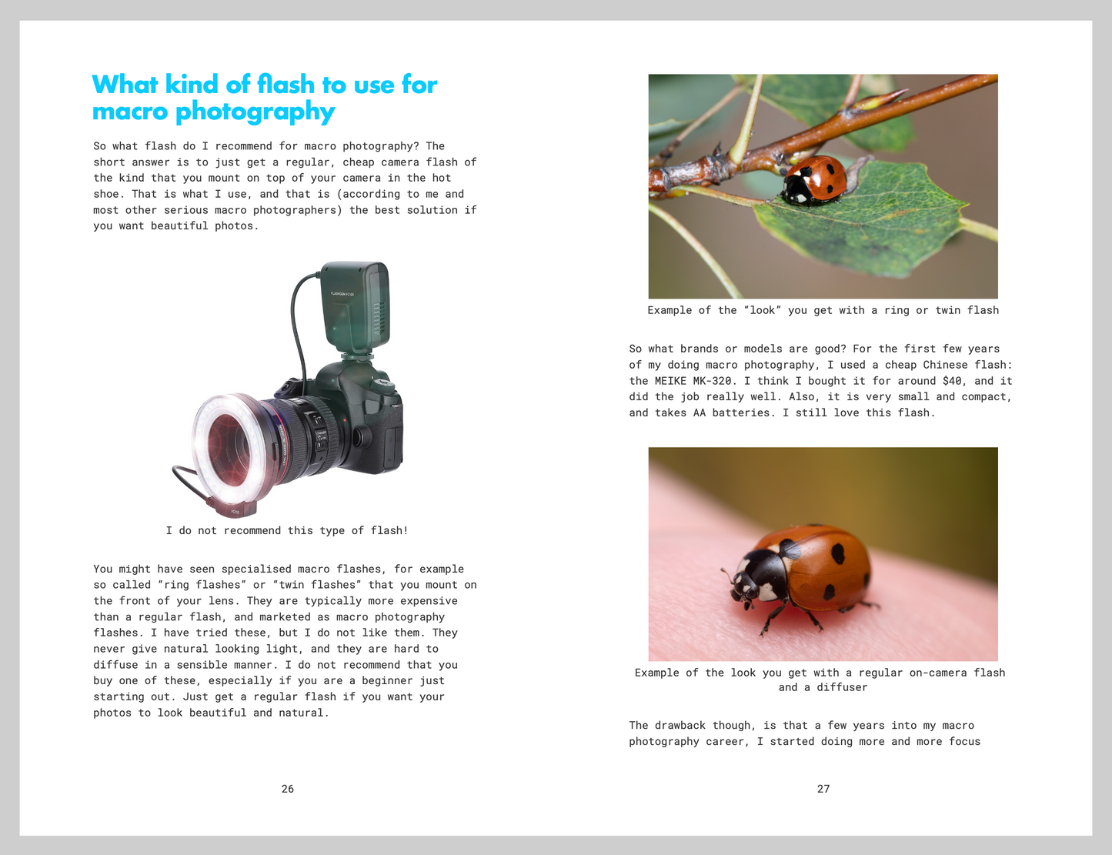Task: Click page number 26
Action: coord(288,789)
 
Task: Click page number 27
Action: coord(823,789)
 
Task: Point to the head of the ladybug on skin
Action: coord(746,581)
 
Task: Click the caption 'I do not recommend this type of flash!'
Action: coord(287,531)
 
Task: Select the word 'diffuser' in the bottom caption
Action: coord(842,687)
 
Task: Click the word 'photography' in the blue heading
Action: coord(255,112)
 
